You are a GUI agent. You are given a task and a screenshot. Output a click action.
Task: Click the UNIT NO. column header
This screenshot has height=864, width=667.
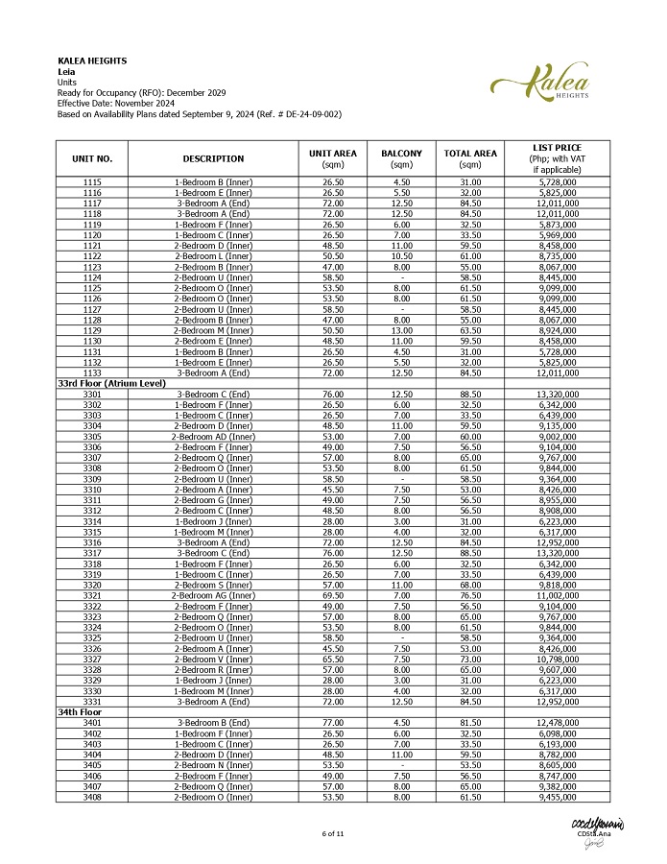[92, 158]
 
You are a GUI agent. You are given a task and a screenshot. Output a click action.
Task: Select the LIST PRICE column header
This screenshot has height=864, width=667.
[557, 158]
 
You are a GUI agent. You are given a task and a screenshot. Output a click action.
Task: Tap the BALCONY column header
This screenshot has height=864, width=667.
[401, 158]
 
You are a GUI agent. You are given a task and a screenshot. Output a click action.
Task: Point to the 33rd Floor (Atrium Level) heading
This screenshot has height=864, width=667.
[111, 383]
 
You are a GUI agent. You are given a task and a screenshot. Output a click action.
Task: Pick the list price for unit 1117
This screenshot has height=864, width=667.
[557, 204]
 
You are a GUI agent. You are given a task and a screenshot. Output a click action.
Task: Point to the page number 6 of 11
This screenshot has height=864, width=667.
[333, 832]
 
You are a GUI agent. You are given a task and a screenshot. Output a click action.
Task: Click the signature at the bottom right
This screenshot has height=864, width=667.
[597, 830]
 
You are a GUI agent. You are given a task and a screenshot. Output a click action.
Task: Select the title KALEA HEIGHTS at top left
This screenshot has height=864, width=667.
[92, 61]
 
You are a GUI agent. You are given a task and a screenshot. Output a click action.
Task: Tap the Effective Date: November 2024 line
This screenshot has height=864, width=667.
[115, 103]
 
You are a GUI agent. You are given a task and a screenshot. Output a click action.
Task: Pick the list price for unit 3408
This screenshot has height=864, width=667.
[557, 796]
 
